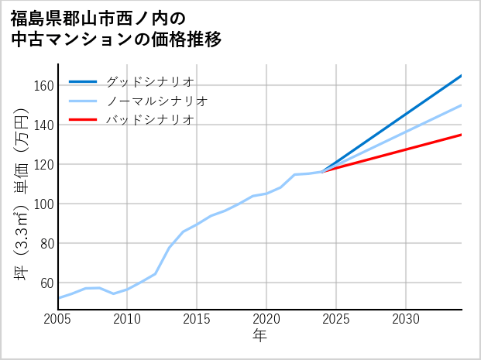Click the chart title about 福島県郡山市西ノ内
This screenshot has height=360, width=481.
click(116, 29)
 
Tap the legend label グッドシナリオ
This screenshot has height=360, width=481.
click(149, 81)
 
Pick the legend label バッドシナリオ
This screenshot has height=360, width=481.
click(149, 120)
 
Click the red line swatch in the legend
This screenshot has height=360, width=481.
click(83, 120)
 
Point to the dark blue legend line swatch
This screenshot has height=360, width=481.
click(83, 81)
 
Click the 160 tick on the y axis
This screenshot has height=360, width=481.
click(43, 85)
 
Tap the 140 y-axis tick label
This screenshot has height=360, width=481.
click(43, 125)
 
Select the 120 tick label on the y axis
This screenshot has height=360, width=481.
click(43, 164)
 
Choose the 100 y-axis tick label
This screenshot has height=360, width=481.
click(43, 204)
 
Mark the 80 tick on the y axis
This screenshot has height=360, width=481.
click(46, 243)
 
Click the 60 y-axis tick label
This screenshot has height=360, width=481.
click(46, 283)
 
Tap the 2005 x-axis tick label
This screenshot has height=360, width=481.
click(58, 319)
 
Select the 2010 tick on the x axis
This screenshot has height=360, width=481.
click(128, 319)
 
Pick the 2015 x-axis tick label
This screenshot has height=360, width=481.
click(197, 319)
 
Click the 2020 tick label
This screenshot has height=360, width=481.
click(266, 319)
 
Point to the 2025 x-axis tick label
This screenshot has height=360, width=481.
click(336, 319)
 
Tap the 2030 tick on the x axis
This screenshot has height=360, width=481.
click(406, 319)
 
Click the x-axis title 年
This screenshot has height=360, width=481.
click(259, 336)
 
